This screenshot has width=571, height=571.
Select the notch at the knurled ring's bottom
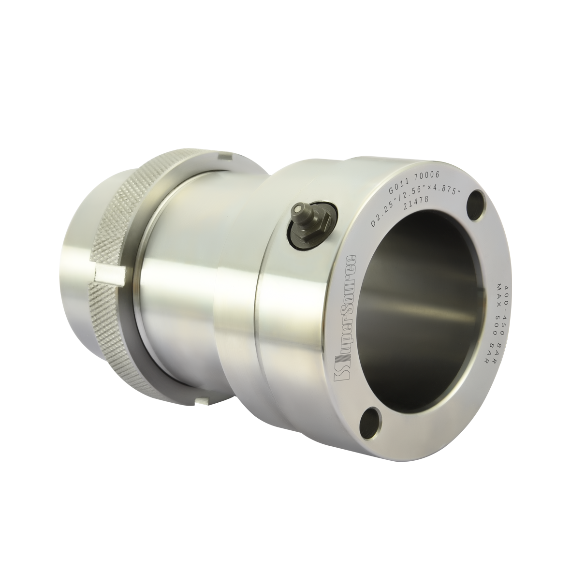[203, 401]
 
